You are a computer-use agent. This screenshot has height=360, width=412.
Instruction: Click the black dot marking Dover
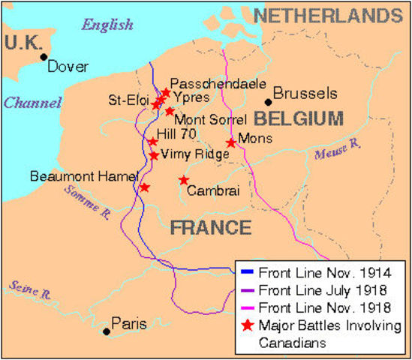44,56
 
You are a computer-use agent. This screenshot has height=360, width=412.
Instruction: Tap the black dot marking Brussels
267,101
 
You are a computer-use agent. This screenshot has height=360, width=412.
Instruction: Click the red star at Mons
232,142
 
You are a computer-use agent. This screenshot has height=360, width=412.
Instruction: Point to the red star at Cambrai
184,180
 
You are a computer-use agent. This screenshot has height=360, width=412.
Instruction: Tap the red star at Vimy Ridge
154,155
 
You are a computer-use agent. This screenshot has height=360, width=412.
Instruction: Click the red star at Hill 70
152,141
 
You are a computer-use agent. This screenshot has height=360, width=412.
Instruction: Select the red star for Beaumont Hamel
144,187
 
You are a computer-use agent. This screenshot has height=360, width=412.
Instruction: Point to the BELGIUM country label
298,118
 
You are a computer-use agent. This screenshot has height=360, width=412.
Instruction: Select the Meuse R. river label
333,154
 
